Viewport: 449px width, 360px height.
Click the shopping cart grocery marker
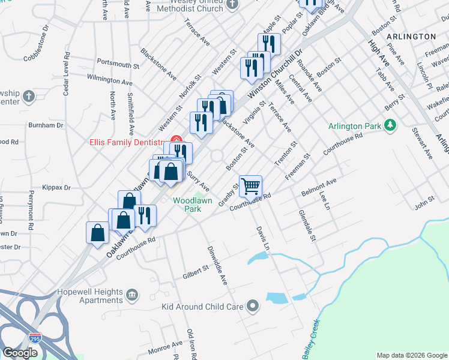tap(250, 185)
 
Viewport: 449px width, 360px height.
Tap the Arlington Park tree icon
tap(391, 125)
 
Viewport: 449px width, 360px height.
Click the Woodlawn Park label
tap(192, 205)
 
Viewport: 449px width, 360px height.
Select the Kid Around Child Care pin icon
tap(253, 307)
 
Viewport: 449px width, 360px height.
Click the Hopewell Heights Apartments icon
tap(133, 295)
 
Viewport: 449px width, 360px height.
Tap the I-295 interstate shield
tap(36, 339)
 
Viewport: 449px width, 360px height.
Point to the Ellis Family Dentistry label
tap(127, 142)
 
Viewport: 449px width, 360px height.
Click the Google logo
tap(20, 353)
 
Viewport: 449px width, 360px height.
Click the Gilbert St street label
tap(195, 272)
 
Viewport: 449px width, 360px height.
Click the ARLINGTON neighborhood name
tap(411, 37)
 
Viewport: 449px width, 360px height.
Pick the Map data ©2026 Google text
tap(411, 355)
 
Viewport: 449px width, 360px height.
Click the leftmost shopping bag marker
tap(98, 233)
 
